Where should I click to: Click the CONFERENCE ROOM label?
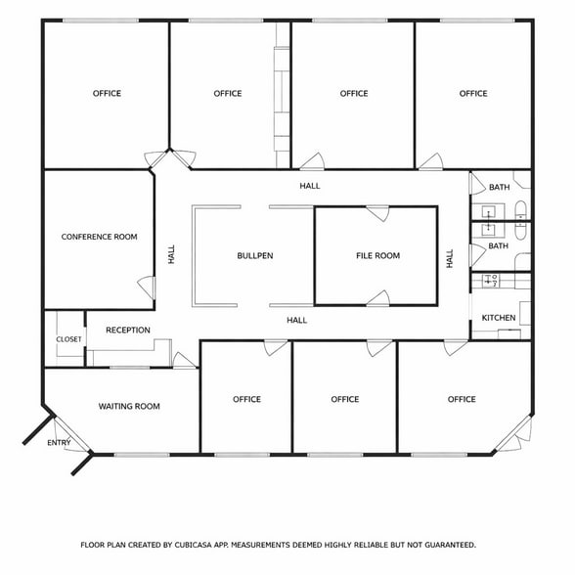point(99,237)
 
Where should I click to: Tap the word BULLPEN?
point(254,256)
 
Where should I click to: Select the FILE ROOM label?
point(377,256)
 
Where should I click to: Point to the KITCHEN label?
point(499,318)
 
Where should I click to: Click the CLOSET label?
point(68,339)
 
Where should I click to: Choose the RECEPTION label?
point(128,331)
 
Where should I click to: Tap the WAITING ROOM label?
point(129,406)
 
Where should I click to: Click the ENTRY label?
point(59,443)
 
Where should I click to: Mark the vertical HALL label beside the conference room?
point(171,255)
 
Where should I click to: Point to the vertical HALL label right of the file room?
point(450,259)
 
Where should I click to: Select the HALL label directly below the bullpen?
point(296,320)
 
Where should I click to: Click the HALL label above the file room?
point(310,186)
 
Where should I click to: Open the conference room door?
point(148,287)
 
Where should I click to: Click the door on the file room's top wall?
point(377,212)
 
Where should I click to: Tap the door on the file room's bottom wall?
point(378,298)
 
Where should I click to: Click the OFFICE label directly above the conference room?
point(107,94)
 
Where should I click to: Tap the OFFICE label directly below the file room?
point(345,399)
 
